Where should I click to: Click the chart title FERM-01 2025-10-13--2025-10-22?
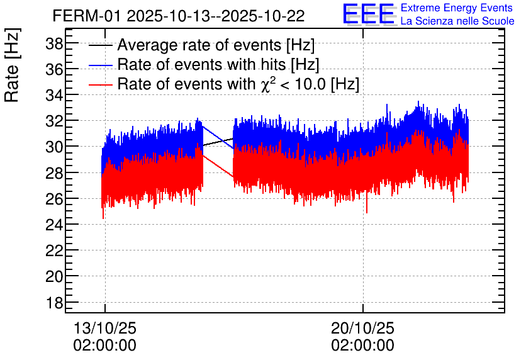[x=179, y=16]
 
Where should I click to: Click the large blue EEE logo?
[x=369, y=14]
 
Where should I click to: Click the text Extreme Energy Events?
[x=457, y=8]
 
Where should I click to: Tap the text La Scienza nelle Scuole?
[x=457, y=21]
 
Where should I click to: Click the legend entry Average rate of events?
[x=216, y=45]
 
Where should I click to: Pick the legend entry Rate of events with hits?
[x=218, y=64]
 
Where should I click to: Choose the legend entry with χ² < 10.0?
[x=238, y=84]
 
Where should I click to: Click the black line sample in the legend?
[x=101, y=46]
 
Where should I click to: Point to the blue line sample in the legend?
[x=101, y=65]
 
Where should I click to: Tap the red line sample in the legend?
[x=101, y=84]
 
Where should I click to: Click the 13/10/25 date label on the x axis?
[x=105, y=329]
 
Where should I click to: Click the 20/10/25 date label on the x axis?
[x=363, y=329]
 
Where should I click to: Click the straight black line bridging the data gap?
[x=218, y=142]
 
